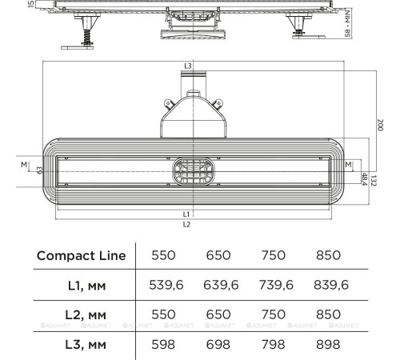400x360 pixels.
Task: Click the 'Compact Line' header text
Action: point(80,255)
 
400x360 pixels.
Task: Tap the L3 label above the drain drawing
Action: point(187,65)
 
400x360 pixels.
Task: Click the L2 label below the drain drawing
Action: point(186,225)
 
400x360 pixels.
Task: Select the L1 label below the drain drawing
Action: point(186,214)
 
